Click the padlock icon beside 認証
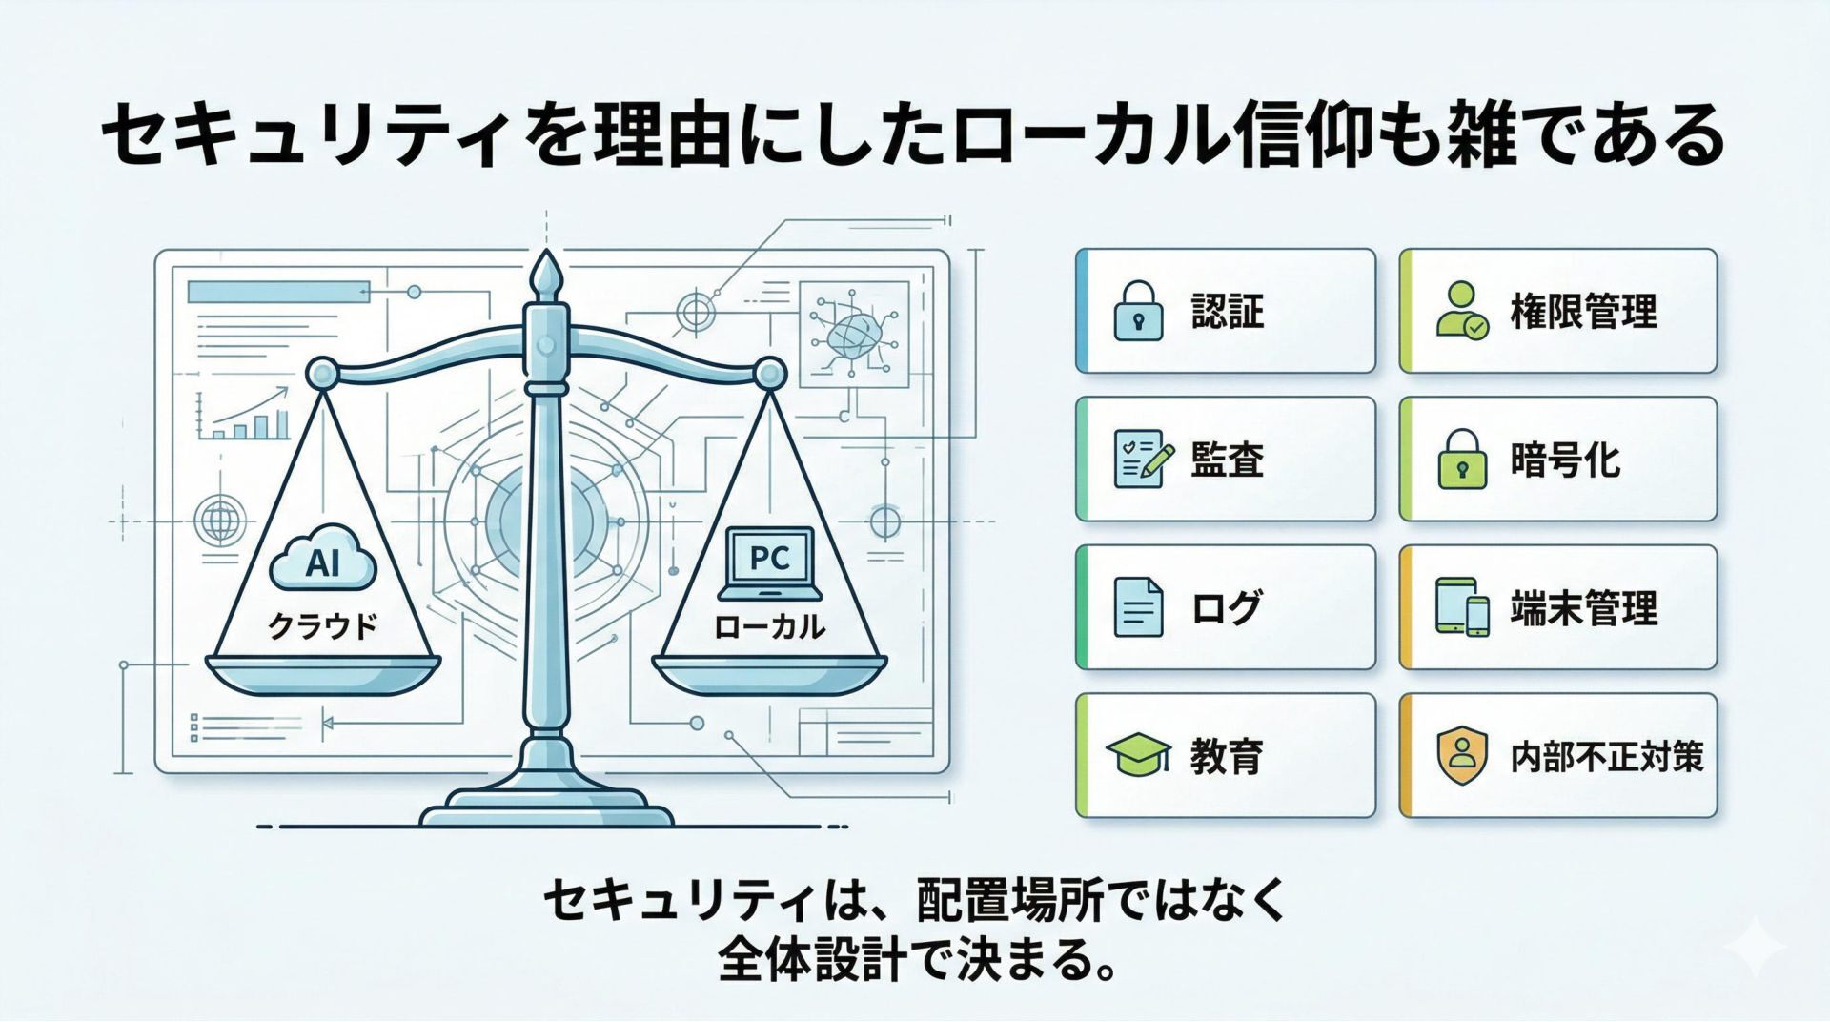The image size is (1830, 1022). tap(1138, 311)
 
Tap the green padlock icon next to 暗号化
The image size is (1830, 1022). tap(1462, 460)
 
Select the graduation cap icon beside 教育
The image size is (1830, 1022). tap(1138, 756)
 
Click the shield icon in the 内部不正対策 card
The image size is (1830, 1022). tap(1462, 756)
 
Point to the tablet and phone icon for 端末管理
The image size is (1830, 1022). tap(1462, 607)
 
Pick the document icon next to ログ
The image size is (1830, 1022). tap(1138, 607)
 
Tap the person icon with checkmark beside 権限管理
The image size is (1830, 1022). tap(1461, 311)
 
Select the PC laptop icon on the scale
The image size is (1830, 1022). tap(769, 562)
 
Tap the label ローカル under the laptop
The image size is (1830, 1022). tap(769, 626)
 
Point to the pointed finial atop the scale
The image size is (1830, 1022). tap(545, 273)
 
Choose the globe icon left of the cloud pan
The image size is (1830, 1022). tap(219, 521)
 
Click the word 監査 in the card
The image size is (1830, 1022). tap(1228, 460)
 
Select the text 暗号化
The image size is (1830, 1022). tap(1565, 460)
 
